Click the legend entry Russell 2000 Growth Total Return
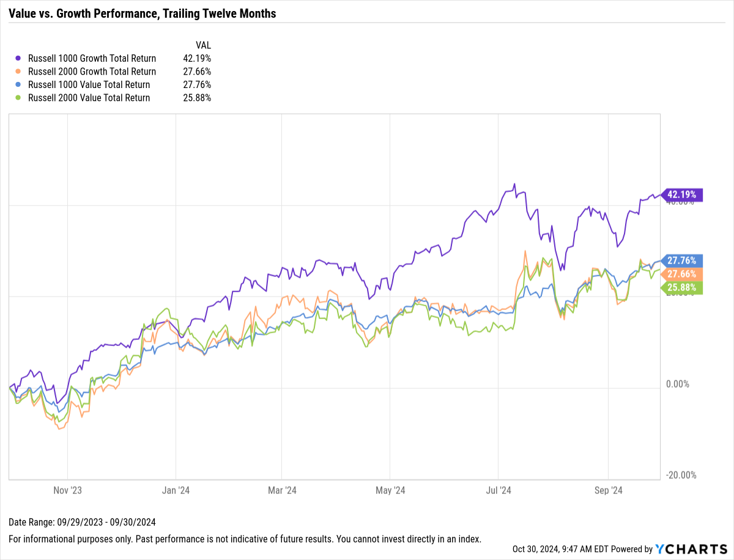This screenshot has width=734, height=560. (92, 72)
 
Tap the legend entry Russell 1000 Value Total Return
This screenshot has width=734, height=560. (89, 85)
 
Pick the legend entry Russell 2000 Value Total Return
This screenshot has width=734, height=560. (89, 98)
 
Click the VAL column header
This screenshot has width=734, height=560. (203, 45)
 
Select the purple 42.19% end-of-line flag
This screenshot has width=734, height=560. (683, 195)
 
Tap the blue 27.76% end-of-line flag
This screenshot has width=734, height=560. (683, 260)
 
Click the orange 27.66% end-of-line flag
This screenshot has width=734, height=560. (683, 274)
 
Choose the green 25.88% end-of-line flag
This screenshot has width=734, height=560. (683, 287)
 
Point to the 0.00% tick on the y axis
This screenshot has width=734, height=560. (678, 384)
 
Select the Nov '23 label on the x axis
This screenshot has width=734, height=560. (67, 490)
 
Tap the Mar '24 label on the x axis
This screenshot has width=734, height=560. (282, 490)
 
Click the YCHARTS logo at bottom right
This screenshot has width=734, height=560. (691, 550)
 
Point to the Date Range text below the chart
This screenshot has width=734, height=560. (83, 522)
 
